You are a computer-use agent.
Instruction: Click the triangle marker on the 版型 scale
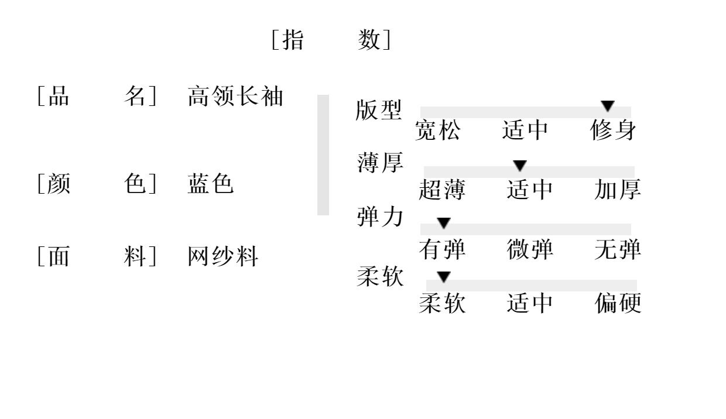click(608, 106)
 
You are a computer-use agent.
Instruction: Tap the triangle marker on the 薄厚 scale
click(520, 166)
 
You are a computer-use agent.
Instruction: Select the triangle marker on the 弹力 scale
click(444, 223)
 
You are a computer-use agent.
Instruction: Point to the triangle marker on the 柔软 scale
click(444, 277)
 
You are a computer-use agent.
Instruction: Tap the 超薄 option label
click(442, 190)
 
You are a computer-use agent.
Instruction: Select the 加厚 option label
click(618, 190)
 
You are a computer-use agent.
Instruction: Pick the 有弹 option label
click(442, 250)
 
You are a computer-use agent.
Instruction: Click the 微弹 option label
click(530, 250)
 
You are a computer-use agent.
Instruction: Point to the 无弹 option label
click(618, 250)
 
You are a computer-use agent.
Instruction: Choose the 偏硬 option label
click(618, 303)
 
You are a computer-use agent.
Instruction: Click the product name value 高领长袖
click(235, 97)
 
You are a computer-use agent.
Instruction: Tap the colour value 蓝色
click(211, 184)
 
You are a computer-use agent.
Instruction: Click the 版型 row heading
click(379, 110)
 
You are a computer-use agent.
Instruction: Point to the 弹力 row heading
click(380, 217)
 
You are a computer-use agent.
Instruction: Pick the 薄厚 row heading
click(381, 163)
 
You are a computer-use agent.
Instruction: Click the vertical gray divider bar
click(323, 155)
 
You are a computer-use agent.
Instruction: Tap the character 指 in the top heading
click(293, 40)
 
